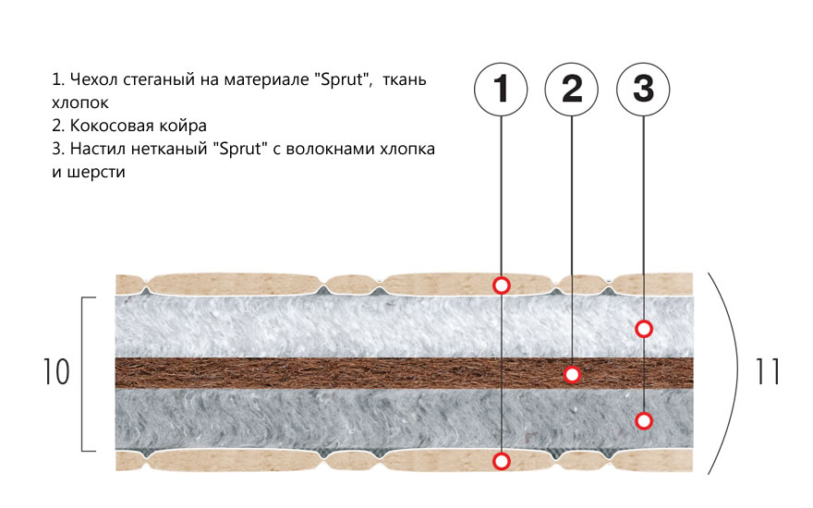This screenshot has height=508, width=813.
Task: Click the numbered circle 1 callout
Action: (501, 90)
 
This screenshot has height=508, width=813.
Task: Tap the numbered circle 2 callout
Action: (572, 90)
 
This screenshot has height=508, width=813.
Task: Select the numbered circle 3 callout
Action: (643, 90)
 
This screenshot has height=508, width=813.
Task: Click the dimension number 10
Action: (56, 372)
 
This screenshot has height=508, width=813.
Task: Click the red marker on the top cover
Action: (501, 285)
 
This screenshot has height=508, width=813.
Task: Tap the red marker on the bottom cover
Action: (501, 460)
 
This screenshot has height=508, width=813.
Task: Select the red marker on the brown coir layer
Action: (572, 374)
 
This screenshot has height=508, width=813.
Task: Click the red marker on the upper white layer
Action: (644, 328)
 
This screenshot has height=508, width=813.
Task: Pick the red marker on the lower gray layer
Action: (644, 421)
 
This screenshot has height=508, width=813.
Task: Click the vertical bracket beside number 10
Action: (84, 374)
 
